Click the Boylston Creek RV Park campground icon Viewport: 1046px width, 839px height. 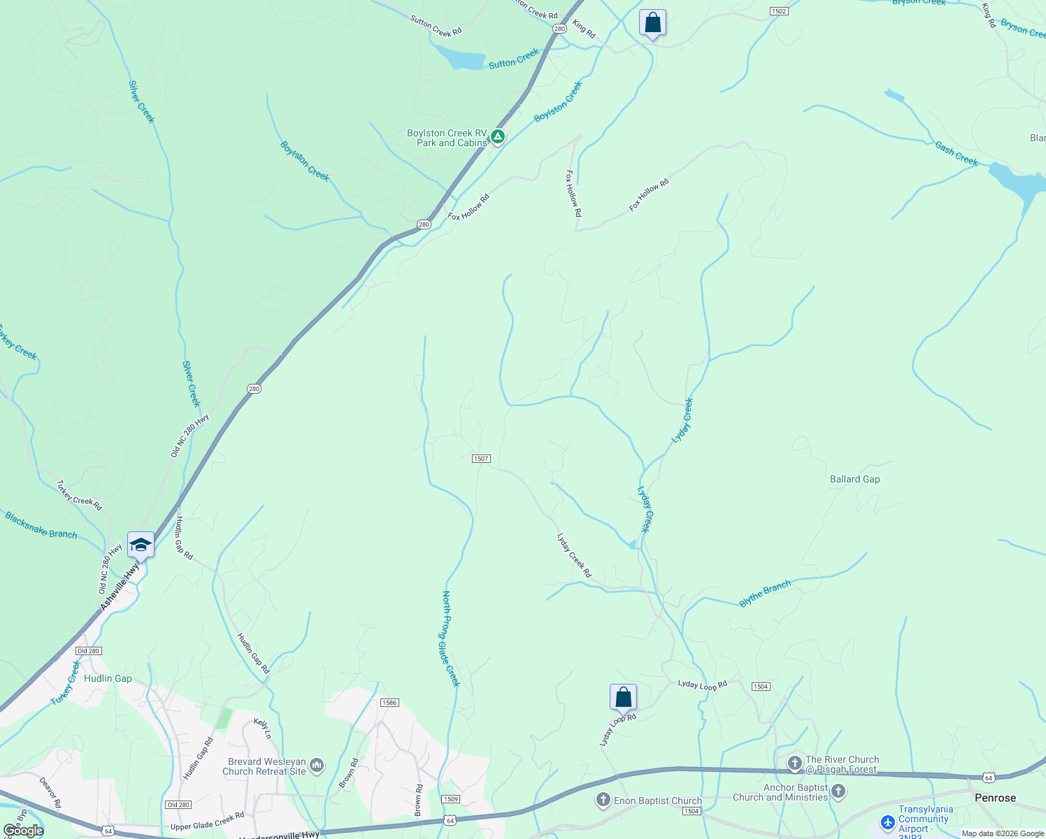point(497,136)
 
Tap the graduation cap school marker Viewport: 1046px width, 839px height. point(141,545)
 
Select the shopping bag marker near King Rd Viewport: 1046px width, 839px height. point(652,22)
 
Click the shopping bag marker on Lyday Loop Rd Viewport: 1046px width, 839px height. point(623,697)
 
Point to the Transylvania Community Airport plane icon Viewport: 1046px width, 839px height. point(888,823)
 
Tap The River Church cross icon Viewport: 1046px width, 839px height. point(794,763)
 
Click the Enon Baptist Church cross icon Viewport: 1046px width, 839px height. point(603,801)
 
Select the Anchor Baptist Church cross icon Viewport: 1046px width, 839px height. point(838,792)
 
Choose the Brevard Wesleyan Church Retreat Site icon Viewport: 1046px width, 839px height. point(317,766)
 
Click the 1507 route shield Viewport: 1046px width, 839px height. point(481,459)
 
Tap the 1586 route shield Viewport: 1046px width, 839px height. point(389,703)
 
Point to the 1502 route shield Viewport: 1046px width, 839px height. point(779,11)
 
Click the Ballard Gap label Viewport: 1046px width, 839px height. point(854,479)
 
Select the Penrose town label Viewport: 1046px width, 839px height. point(995,798)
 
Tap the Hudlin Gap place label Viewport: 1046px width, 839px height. point(108,678)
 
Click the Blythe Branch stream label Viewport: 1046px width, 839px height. point(765,593)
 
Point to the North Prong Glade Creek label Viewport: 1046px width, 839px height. point(450,638)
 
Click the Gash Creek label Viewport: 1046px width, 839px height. point(956,154)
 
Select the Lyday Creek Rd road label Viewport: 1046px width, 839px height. point(574,556)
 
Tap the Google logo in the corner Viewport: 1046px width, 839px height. point(23,831)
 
